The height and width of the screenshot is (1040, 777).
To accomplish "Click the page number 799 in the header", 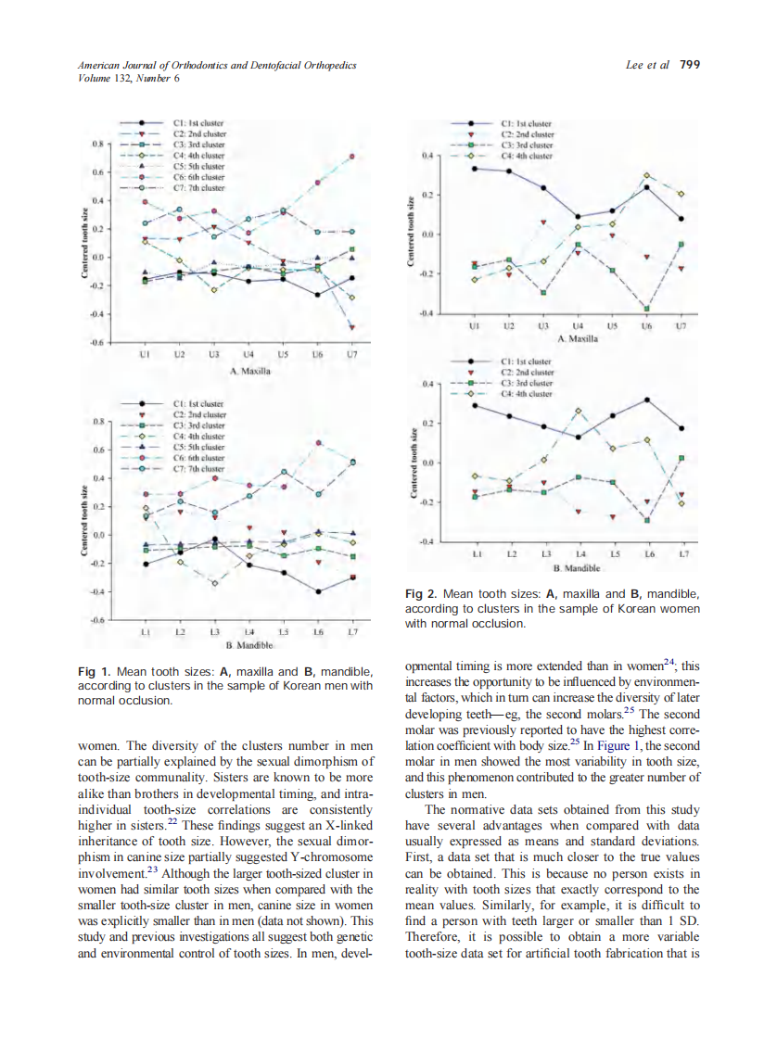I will coord(690,65).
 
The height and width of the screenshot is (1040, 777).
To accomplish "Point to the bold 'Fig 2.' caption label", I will coord(421,592).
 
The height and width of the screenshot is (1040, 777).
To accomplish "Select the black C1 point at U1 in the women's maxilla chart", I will coord(474,168).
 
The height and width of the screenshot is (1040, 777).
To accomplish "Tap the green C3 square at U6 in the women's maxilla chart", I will coord(646,308).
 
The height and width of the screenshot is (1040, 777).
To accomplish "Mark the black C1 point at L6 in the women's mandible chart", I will coord(646,400).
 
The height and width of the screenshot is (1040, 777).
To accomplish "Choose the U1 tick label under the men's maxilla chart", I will coord(145,355).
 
